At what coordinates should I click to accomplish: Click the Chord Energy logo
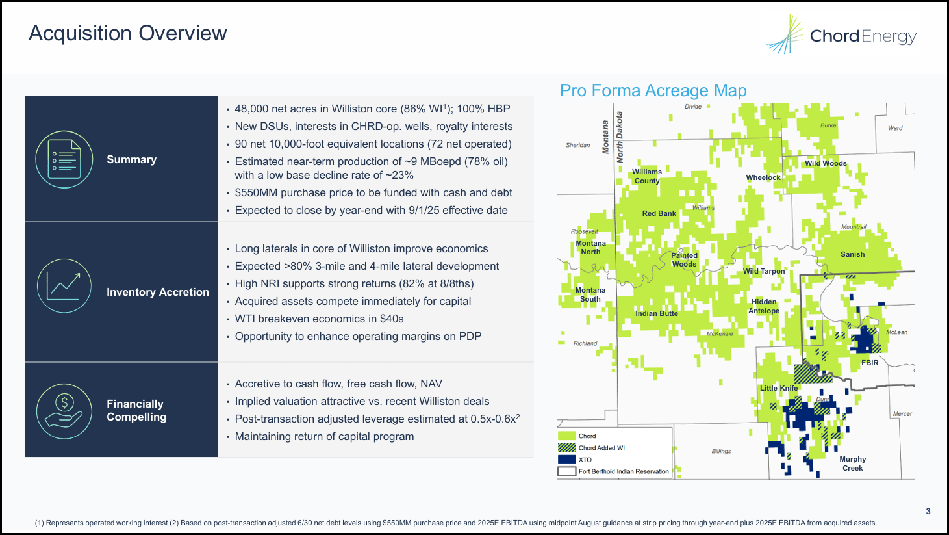pos(841,35)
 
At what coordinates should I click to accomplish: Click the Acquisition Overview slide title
pos(128,33)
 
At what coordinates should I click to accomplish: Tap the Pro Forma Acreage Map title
pos(653,90)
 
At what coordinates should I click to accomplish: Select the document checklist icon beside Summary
pos(64,159)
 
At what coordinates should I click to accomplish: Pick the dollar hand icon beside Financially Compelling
pos(64,410)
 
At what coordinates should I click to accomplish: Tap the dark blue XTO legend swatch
pos(567,460)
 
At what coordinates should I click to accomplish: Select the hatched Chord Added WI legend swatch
pos(567,448)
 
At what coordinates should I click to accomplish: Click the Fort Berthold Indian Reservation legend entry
pos(623,471)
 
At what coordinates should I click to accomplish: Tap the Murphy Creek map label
pos(852,463)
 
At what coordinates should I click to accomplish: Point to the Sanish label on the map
pos(852,254)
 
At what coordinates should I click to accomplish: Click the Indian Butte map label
pos(656,313)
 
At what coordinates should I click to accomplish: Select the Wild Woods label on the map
pos(826,163)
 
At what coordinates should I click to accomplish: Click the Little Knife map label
pos(778,388)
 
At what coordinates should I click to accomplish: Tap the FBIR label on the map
pos(869,363)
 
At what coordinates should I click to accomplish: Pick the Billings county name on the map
pos(721,451)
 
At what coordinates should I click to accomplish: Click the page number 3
pos(928,512)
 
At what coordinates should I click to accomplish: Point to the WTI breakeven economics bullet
pos(319,319)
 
